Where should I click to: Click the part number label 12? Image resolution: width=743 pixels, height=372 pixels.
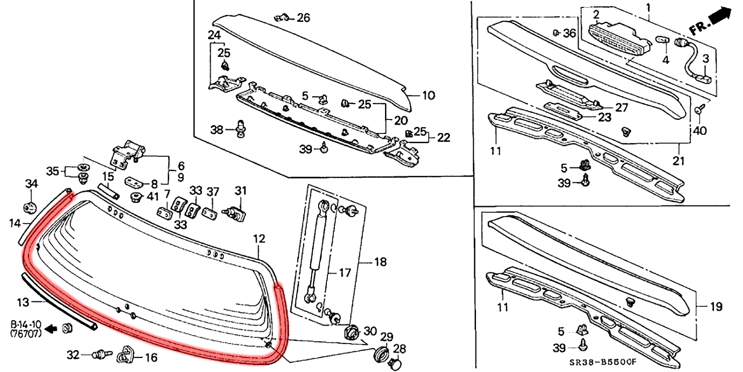pos(259,239)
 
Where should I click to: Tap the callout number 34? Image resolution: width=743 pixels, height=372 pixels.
pos(31,184)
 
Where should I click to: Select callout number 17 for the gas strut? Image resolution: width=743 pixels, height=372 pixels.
pos(344,272)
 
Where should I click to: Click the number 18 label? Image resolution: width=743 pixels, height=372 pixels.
pos(380,262)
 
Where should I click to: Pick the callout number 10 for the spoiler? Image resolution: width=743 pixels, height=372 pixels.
pos(428,95)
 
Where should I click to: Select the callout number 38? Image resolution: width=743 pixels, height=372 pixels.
pos(217,130)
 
